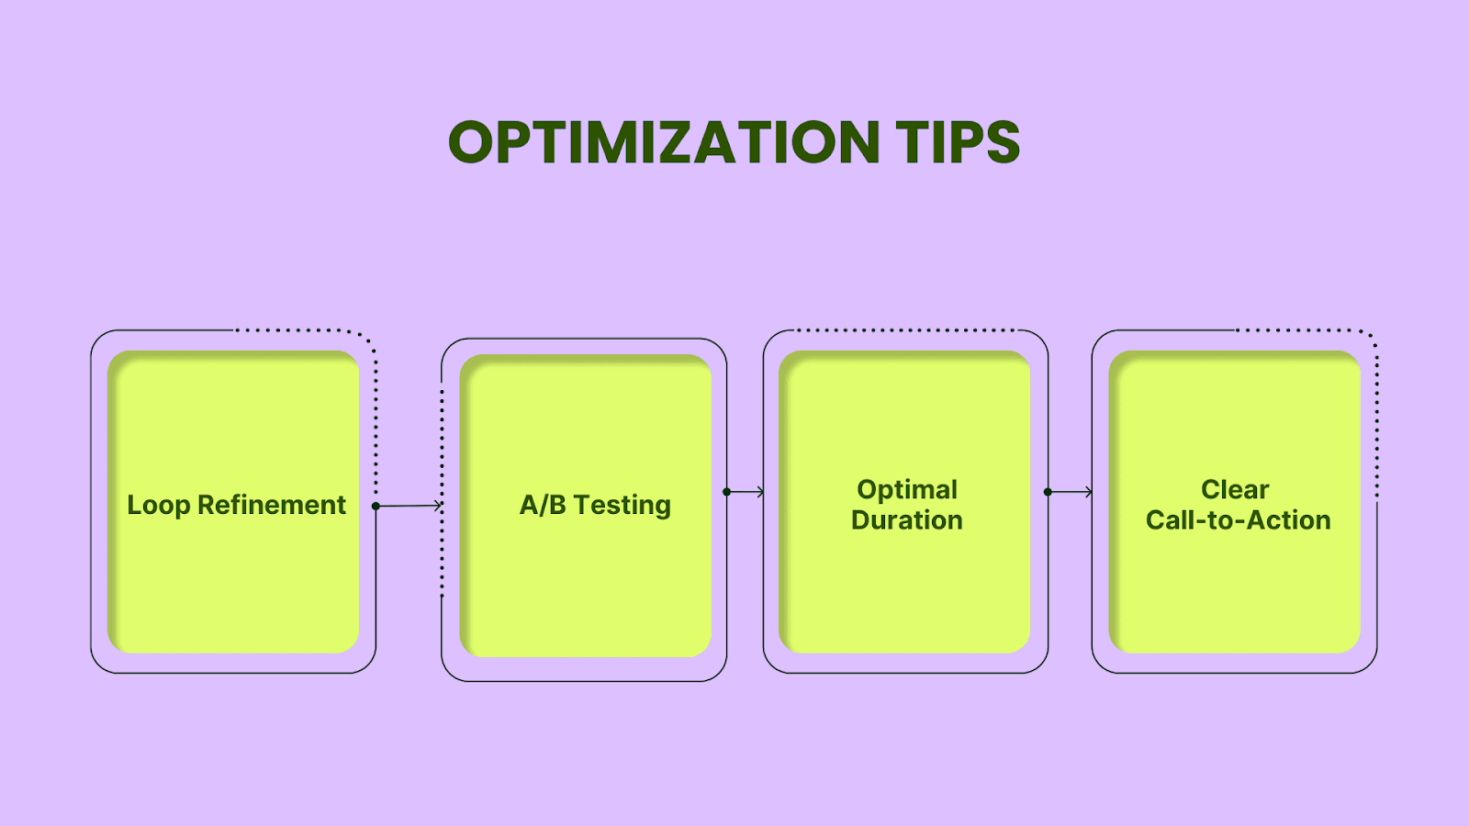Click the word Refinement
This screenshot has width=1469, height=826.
point(272,505)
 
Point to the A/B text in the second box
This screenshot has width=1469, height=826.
point(543,505)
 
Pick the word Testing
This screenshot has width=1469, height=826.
point(622,506)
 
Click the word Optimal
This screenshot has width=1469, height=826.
point(907,490)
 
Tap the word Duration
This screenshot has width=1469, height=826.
point(907,519)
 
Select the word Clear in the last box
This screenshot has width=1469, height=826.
point(1235,490)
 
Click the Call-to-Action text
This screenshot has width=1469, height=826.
point(1239,519)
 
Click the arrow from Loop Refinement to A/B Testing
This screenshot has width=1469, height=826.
point(409,506)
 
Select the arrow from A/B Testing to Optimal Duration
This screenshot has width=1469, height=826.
point(745,492)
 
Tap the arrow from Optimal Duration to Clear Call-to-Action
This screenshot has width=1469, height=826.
point(1071,492)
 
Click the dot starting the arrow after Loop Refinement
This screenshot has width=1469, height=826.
point(376,506)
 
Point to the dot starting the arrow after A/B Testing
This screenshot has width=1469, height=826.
point(726,492)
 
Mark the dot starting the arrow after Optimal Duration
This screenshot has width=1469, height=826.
point(1048,492)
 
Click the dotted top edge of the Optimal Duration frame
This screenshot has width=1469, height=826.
point(905,330)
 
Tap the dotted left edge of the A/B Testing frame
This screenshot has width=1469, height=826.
point(442,493)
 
